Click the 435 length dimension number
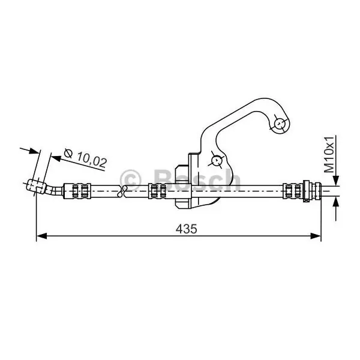tap(186, 229)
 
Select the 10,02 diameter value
tap(92, 159)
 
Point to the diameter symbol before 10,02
tap(68, 153)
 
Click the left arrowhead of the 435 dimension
tap(41, 236)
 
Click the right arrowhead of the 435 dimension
tap(316, 236)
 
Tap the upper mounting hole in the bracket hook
tap(280, 124)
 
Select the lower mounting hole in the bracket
tap(216, 160)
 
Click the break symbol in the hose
tap(122, 191)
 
